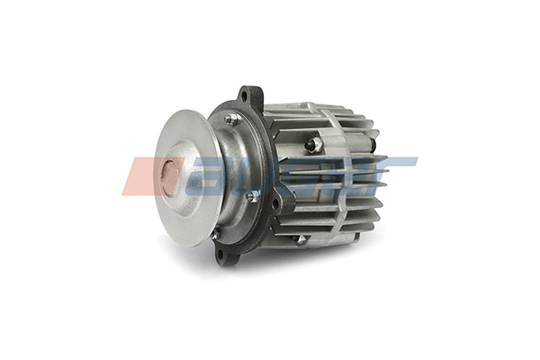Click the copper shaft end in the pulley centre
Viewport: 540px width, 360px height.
coord(168,176)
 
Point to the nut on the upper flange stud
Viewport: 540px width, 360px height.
coord(232,118)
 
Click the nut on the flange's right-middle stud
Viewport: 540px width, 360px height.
coord(254,195)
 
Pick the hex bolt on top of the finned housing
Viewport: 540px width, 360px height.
coord(314,144)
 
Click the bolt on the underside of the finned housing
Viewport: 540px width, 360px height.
coord(301,239)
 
